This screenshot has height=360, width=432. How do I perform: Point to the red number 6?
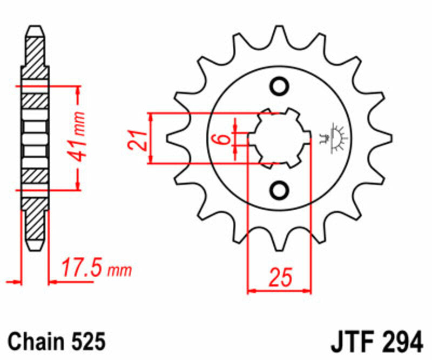221,139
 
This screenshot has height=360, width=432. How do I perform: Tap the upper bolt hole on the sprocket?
280,86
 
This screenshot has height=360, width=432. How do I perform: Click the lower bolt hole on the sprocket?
280,190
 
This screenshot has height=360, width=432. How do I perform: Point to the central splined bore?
280,138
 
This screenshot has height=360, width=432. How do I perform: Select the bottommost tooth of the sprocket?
280,243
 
